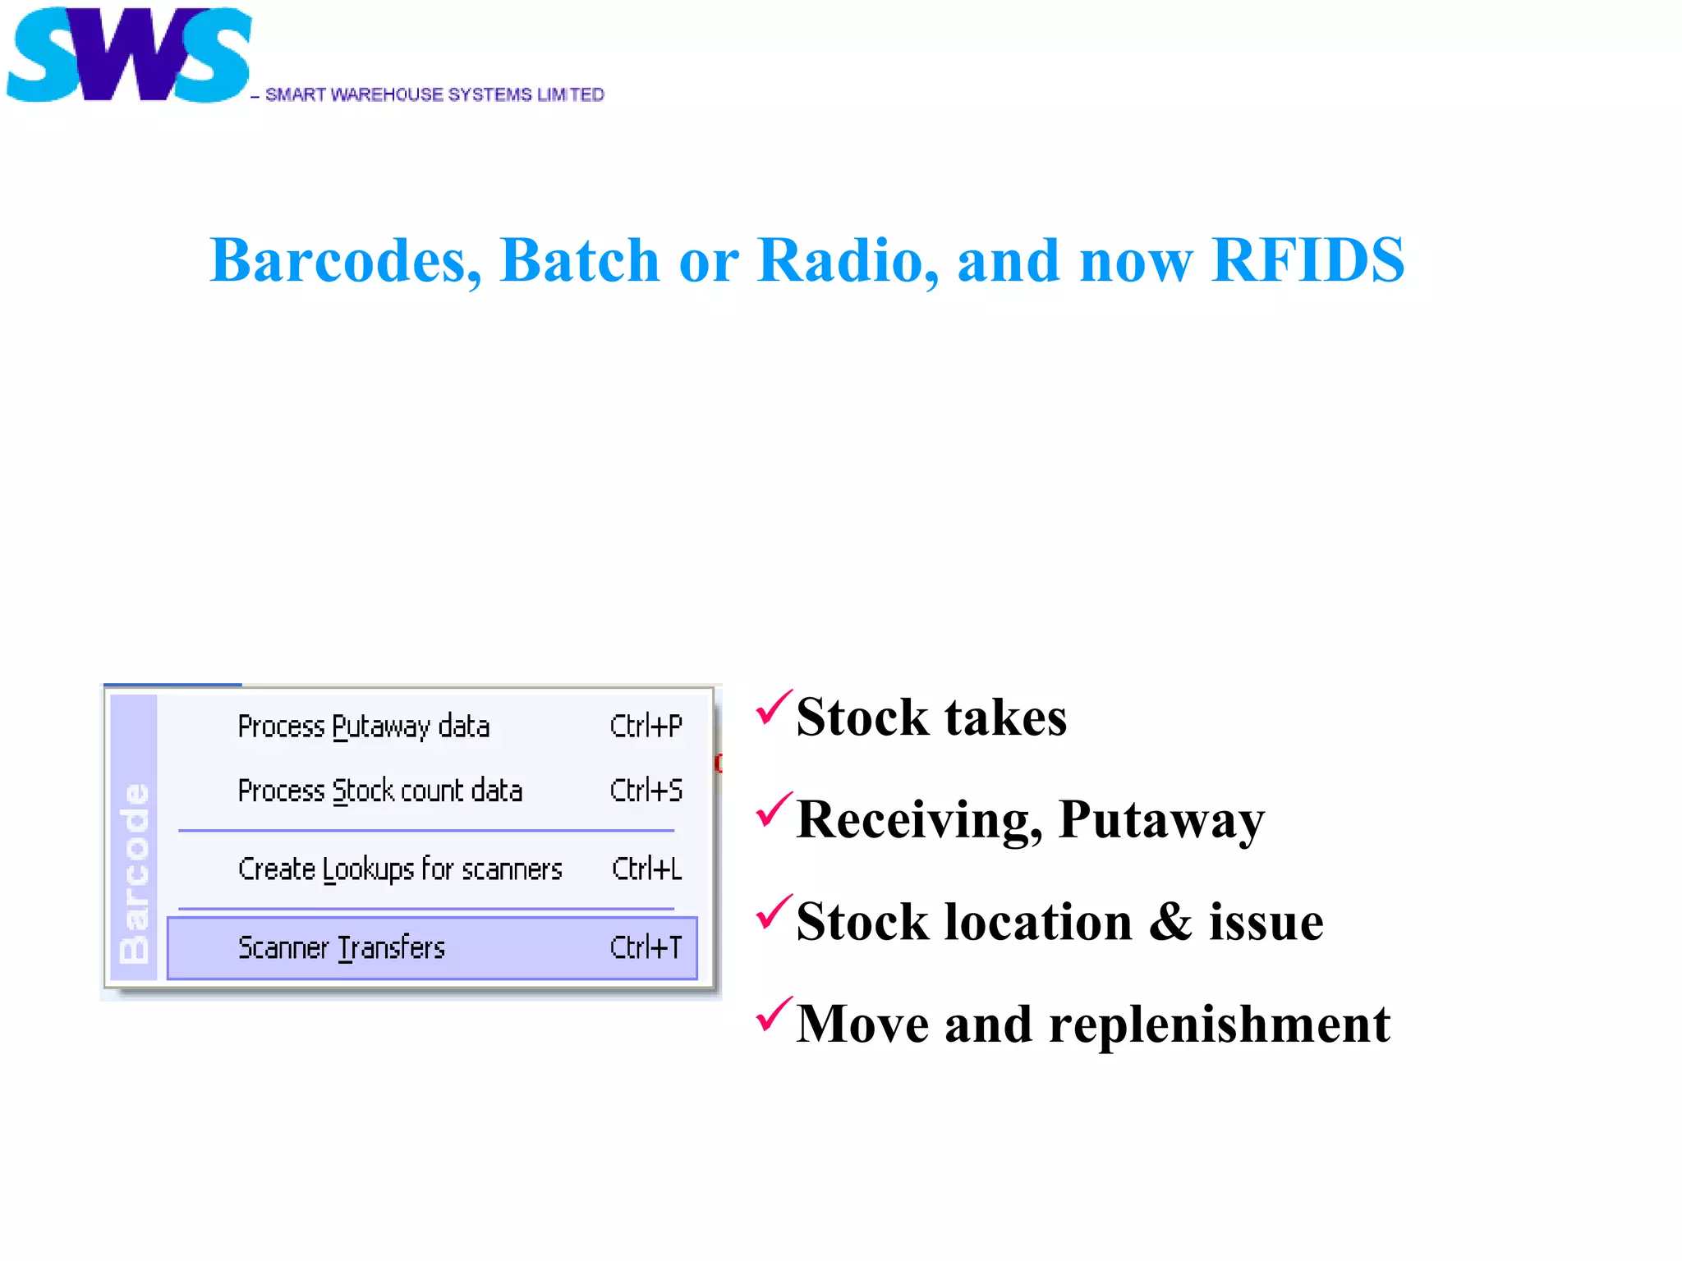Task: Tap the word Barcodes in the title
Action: tap(345, 260)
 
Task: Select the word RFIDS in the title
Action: tap(1307, 260)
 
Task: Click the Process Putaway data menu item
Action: tap(363, 727)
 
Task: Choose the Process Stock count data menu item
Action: tap(379, 791)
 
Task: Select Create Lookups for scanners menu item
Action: tap(400, 869)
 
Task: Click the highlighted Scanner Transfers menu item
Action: tap(341, 948)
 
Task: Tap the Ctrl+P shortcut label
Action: tap(646, 727)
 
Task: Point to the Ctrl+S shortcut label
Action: tap(646, 791)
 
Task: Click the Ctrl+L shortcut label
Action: tap(646, 869)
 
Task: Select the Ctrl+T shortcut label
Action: tap(646, 948)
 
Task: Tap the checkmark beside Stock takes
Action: tap(773, 708)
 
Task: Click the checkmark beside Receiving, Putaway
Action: tap(773, 810)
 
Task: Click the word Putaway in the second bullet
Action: tap(1161, 819)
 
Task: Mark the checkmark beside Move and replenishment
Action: tap(773, 1015)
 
